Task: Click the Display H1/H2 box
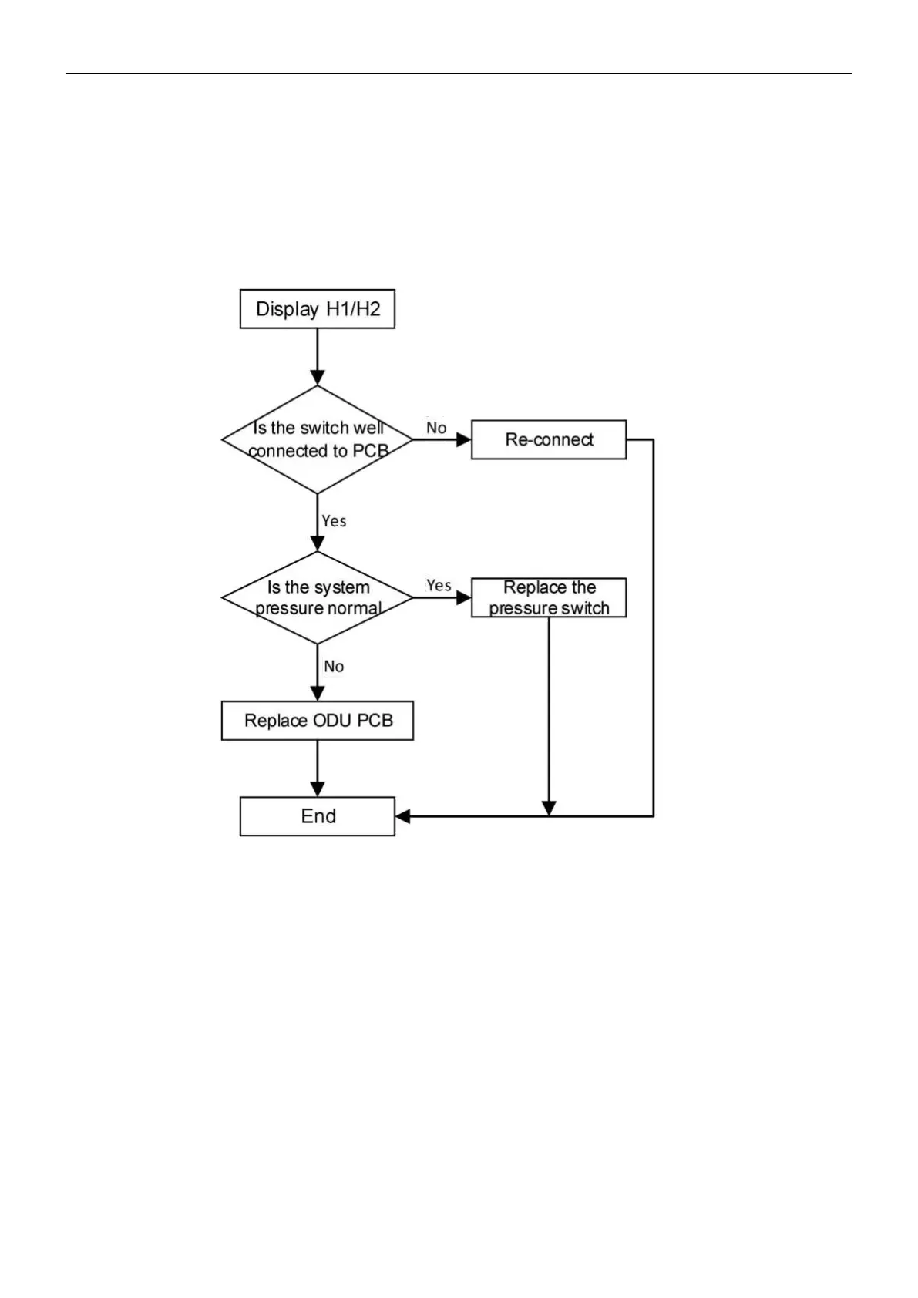[317, 309]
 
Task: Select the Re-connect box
[548, 439]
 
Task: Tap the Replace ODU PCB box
[317, 721]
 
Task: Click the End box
[317, 816]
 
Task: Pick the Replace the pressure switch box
[548, 597]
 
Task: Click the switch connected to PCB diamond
[317, 439]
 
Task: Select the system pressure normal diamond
[317, 597]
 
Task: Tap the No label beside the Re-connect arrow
[436, 428]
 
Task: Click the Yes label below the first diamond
[334, 521]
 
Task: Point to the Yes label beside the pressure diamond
[439, 586]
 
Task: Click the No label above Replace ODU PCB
[334, 666]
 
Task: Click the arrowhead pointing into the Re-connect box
[464, 439]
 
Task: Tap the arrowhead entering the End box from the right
[402, 816]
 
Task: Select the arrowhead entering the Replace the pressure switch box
[464, 597]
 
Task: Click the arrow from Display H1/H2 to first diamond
[317, 356]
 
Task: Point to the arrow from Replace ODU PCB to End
[317, 768]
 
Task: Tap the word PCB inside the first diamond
[370, 451]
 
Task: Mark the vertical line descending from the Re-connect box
[654, 628]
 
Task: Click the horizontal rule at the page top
[459, 74]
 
